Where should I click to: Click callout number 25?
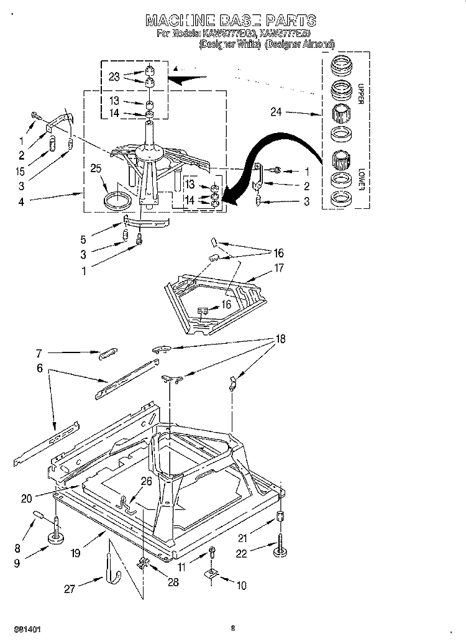pos(96,168)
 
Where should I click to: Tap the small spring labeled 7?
pos(107,354)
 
